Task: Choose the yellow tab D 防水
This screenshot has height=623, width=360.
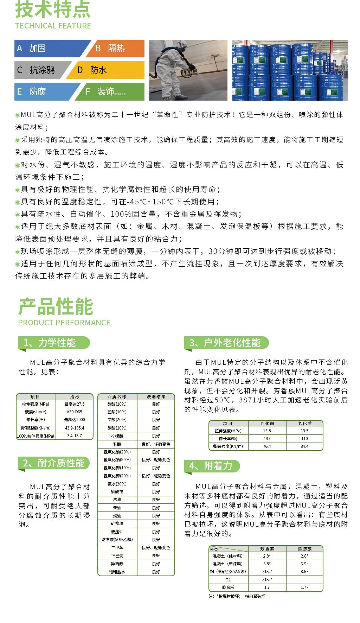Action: [x=105, y=70]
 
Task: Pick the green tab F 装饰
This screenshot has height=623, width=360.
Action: [x=111, y=92]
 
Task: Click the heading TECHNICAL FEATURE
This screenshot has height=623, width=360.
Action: [x=53, y=26]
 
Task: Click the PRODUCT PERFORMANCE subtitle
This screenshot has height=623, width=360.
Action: [x=64, y=323]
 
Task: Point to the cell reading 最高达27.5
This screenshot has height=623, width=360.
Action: [x=75, y=404]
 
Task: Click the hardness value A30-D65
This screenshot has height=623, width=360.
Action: [x=75, y=412]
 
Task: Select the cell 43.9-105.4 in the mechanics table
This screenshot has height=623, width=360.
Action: [x=75, y=428]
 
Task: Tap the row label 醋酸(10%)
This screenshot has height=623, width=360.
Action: [x=117, y=404]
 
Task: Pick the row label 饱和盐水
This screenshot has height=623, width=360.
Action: [x=117, y=572]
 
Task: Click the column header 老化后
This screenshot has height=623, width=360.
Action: [x=304, y=424]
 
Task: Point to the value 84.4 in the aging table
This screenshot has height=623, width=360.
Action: [x=304, y=446]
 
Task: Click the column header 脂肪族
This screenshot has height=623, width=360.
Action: [x=304, y=549]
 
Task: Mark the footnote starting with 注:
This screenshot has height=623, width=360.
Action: [x=237, y=596]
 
